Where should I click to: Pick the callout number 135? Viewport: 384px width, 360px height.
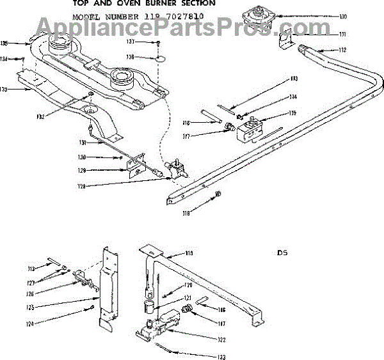(x=4, y=43)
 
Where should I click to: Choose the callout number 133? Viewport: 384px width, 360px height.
(x=4, y=90)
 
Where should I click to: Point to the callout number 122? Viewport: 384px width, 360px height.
(x=221, y=338)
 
